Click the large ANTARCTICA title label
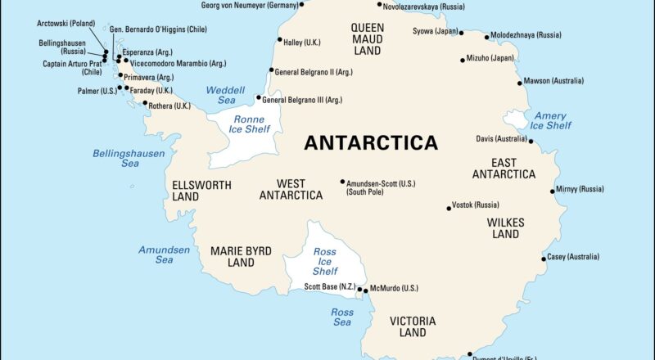(371, 142)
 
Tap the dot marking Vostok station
(449, 208)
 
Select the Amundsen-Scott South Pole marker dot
(342, 182)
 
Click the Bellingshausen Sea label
(129, 158)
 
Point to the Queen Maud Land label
(367, 38)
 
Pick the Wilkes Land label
(505, 228)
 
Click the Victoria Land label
(413, 326)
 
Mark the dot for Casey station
(544, 259)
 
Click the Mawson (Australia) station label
(554, 81)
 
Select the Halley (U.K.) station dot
(279, 39)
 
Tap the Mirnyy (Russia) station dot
(551, 191)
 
